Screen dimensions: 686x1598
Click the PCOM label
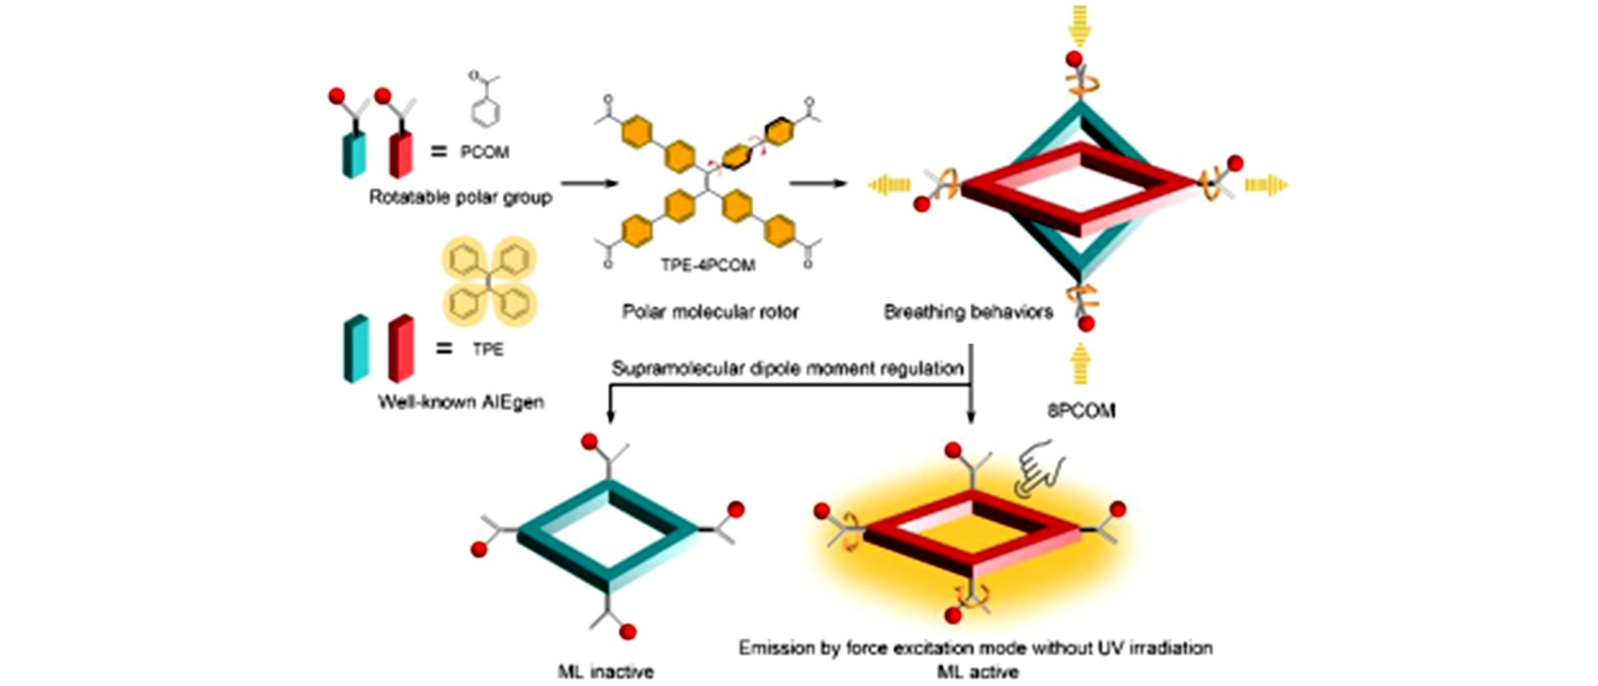484,152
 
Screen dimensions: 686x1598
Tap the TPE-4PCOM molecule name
708,265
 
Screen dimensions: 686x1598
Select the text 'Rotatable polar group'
461,197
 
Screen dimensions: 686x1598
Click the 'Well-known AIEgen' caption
461,402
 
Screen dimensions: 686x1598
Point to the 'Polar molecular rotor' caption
710,311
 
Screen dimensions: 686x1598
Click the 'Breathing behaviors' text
968,311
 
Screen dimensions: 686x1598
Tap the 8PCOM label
1081,411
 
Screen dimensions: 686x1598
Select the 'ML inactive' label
606,672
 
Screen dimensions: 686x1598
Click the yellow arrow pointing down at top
1081,26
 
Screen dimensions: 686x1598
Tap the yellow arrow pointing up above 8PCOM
1081,364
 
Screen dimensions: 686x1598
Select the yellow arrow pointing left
890,185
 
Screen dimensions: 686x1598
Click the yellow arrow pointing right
1266,185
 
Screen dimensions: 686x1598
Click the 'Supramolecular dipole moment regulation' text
787,369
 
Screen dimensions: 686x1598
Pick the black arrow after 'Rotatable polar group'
588,183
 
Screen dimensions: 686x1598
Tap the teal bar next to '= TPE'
356,349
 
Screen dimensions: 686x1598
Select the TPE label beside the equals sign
487,349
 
